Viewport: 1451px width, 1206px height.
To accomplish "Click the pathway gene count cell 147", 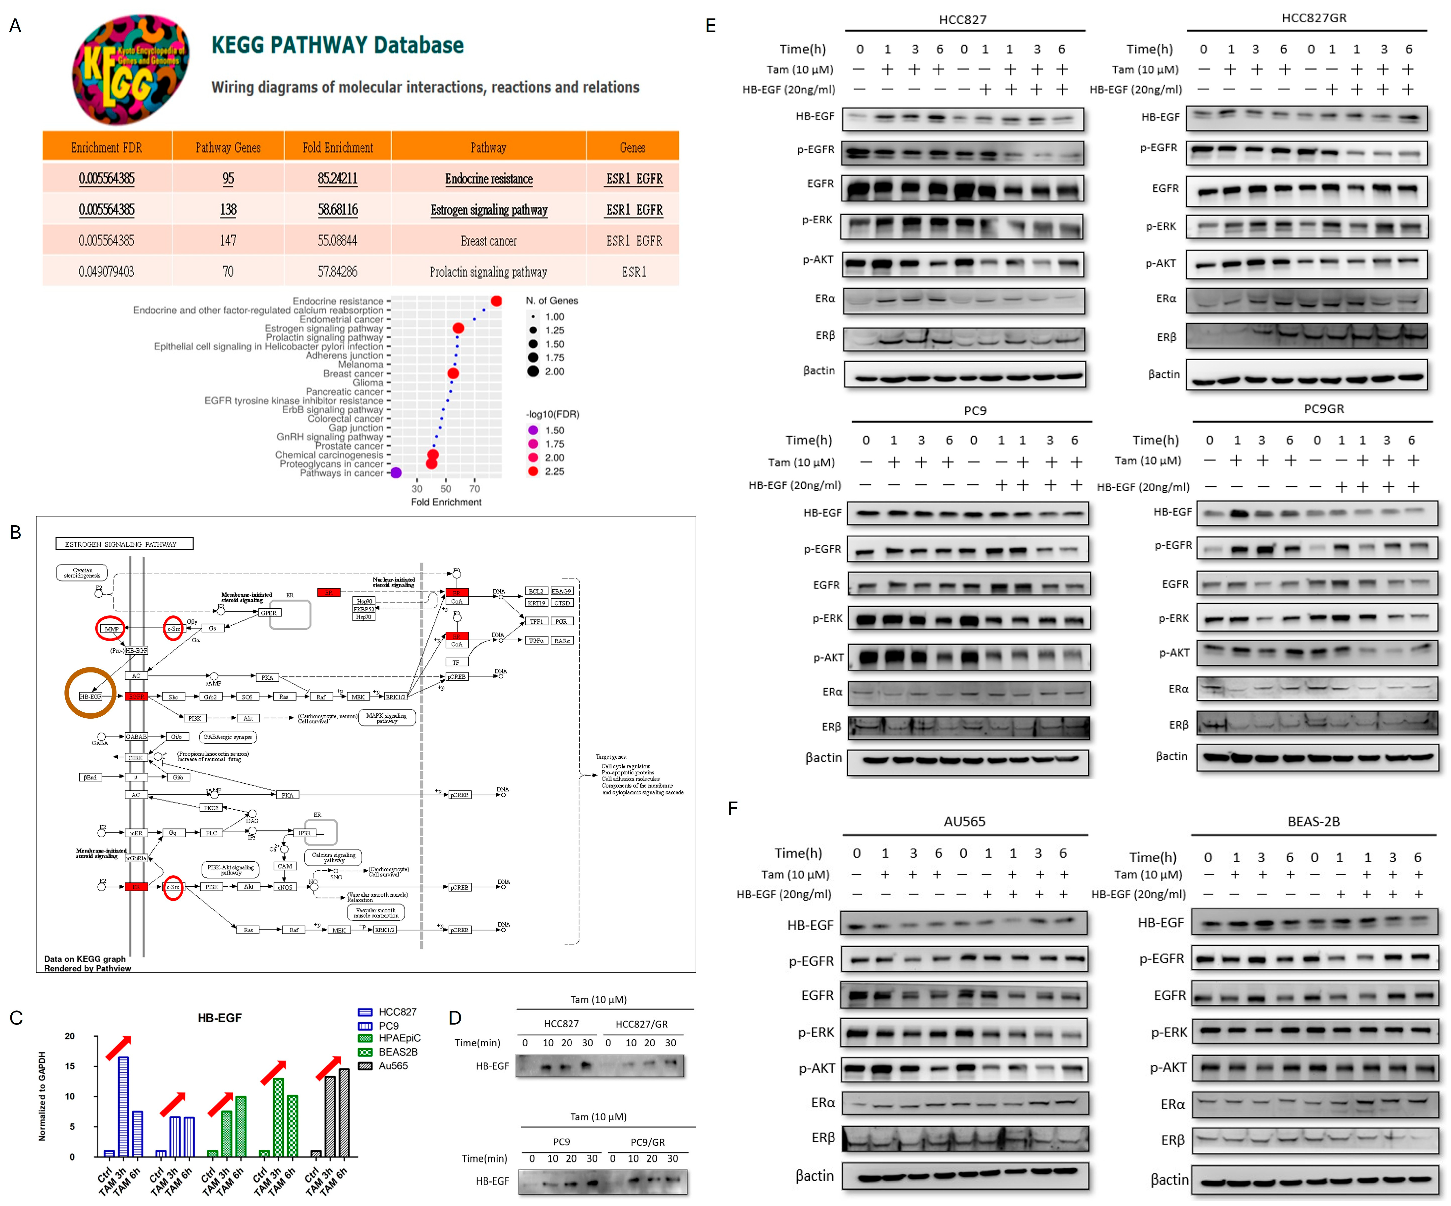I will pyautogui.click(x=228, y=240).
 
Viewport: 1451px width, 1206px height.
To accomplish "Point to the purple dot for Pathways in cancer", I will pyautogui.click(x=396, y=473).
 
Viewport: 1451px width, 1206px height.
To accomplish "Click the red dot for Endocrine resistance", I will pyautogui.click(x=496, y=301).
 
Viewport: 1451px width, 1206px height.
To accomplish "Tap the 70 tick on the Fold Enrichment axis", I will pyautogui.click(x=475, y=488).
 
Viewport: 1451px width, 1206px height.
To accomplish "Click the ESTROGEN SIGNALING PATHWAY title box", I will pyautogui.click(x=124, y=544).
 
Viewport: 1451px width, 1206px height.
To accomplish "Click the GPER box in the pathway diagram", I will pyautogui.click(x=269, y=613).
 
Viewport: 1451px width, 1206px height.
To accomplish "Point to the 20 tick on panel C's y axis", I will pyautogui.click(x=70, y=1036).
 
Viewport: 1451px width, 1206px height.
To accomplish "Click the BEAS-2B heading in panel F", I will pyautogui.click(x=1313, y=821).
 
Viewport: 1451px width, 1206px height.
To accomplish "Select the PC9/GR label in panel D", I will pyautogui.click(x=647, y=1142).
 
